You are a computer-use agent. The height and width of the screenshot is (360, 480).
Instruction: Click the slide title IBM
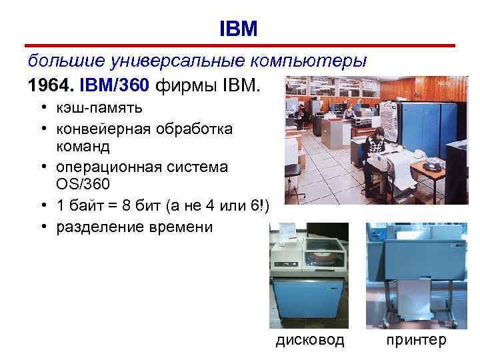click(238, 28)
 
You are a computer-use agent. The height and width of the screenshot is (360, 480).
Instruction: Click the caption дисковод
click(311, 340)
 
